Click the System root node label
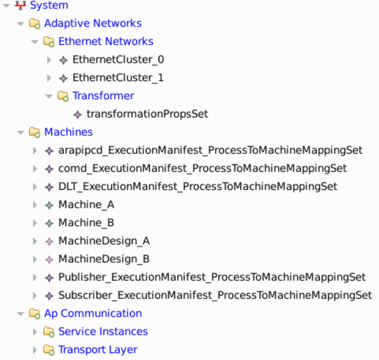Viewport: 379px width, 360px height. pos(49,6)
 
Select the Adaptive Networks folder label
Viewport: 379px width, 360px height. pos(92,24)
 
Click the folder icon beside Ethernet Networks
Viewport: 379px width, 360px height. pos(49,42)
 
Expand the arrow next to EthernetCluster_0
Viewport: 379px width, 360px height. pos(49,60)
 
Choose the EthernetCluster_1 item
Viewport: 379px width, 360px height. pos(118,78)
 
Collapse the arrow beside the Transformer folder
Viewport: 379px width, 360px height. pos(49,96)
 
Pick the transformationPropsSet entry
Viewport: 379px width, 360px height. pos(147,114)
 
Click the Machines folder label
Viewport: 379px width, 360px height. pos(68,132)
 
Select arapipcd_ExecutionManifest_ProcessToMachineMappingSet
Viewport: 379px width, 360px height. pos(210,150)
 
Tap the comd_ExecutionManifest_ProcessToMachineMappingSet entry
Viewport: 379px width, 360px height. pos(202,169)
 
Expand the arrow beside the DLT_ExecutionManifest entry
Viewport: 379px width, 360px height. pos(35,187)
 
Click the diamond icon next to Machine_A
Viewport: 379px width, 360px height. pos(49,205)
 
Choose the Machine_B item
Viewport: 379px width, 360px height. pos(86,223)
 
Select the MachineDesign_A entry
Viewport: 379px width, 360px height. pos(104,241)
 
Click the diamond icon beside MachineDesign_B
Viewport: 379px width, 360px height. pos(49,259)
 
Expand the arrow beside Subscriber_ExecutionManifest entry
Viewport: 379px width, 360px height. pos(35,295)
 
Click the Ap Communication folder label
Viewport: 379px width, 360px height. pos(92,314)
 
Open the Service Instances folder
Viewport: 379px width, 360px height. pos(103,332)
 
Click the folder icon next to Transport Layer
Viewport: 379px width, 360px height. pos(49,350)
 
